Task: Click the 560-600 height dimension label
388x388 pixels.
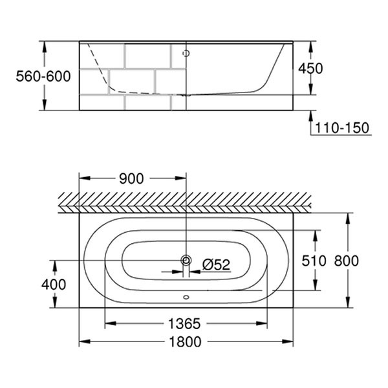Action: (x=43, y=76)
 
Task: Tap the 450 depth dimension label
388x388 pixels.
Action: (x=310, y=69)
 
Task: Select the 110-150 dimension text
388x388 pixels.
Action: (x=342, y=128)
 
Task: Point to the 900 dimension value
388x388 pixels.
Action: (x=131, y=178)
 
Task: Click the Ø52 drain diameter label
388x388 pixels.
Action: (x=216, y=264)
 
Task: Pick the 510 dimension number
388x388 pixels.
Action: (x=314, y=261)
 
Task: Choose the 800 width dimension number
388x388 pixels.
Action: (x=347, y=261)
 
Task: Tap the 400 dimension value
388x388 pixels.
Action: (x=54, y=285)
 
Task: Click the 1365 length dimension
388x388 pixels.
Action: (x=184, y=324)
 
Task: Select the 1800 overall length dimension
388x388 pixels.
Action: (x=185, y=341)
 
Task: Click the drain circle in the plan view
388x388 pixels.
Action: (x=186, y=261)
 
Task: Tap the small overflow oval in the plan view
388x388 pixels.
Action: (x=186, y=297)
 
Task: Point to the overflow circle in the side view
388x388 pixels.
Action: (x=186, y=53)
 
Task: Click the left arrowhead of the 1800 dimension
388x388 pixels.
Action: (x=84, y=341)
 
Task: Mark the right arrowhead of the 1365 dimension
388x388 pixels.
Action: (x=262, y=323)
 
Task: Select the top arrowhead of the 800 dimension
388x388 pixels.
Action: (x=348, y=219)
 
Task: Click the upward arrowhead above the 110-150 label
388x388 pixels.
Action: (x=311, y=116)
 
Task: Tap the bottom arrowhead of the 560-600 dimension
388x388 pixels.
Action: (x=44, y=105)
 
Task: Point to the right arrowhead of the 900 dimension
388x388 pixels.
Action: (x=180, y=178)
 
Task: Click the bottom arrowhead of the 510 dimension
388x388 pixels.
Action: (x=316, y=285)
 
